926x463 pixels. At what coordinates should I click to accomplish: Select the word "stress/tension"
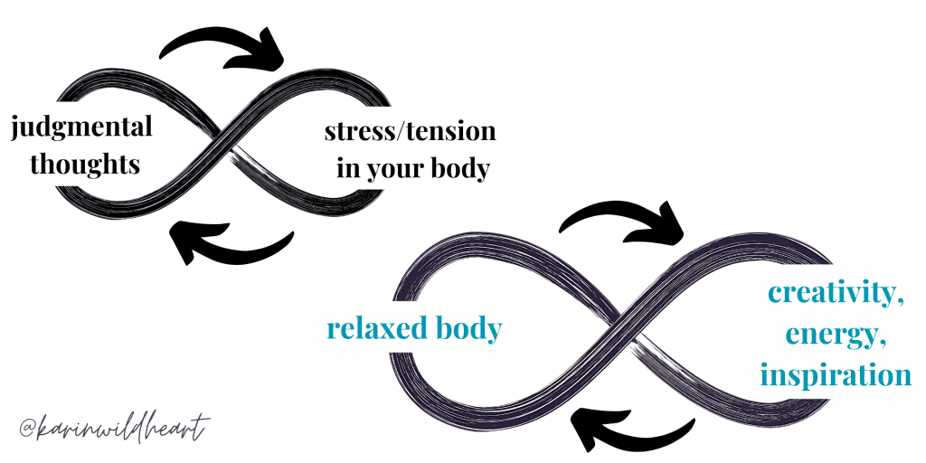coord(410,132)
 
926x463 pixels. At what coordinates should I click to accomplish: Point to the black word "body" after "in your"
coord(467,170)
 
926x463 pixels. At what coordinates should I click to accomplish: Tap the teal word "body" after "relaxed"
coord(467,329)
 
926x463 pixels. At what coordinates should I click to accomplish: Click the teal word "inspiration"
coord(835,374)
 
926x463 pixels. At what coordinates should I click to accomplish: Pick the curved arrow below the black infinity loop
coord(231,243)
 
